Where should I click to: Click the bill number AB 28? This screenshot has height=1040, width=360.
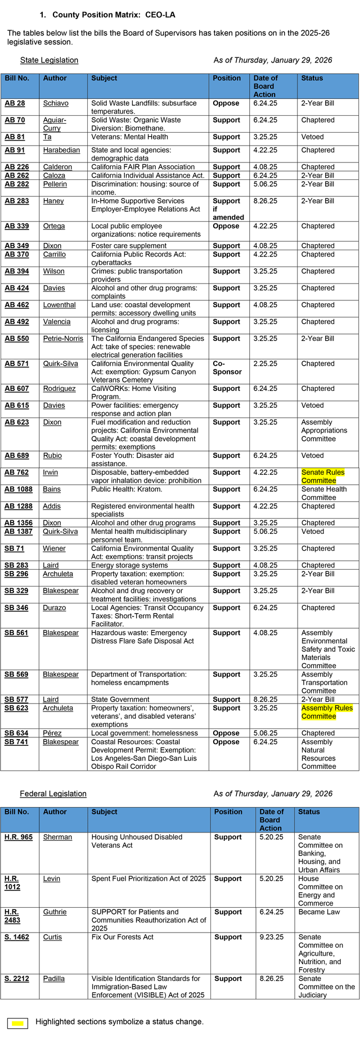click(15, 103)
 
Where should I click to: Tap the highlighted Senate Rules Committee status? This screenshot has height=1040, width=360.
click(322, 476)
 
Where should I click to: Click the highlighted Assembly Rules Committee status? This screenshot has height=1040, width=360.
click(327, 712)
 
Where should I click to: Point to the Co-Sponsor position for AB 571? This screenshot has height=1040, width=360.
click(227, 368)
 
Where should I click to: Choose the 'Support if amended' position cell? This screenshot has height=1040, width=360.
click(228, 209)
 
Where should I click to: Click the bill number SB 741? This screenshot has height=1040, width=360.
click(16, 742)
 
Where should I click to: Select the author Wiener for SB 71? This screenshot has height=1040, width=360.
click(54, 548)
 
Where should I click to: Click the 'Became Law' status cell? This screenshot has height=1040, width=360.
click(319, 912)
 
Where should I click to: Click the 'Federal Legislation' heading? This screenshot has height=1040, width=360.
click(53, 794)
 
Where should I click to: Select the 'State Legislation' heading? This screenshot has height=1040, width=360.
click(49, 60)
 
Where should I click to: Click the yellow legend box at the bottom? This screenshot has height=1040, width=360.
click(17, 1023)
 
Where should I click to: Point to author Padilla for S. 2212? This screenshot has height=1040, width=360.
click(54, 979)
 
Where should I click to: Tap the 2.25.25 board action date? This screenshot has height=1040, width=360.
click(265, 364)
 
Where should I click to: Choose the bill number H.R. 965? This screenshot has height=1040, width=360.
click(19, 837)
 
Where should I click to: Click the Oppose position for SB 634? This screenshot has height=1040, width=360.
click(226, 733)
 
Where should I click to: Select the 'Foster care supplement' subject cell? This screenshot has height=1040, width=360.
click(129, 246)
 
